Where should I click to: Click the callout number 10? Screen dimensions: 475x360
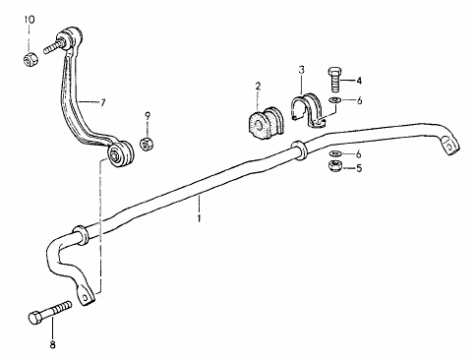point(29,20)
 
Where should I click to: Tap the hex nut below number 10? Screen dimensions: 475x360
point(31,59)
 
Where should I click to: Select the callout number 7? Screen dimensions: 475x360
point(103,103)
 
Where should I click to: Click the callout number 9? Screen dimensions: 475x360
point(148,115)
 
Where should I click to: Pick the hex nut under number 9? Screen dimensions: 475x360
point(148,144)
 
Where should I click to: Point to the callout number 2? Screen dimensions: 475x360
point(258,87)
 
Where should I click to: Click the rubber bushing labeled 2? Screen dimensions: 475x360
point(265,122)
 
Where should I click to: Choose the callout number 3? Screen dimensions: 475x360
point(301,70)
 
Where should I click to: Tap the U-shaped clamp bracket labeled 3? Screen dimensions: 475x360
point(308,111)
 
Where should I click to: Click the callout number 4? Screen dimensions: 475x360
point(359,81)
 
